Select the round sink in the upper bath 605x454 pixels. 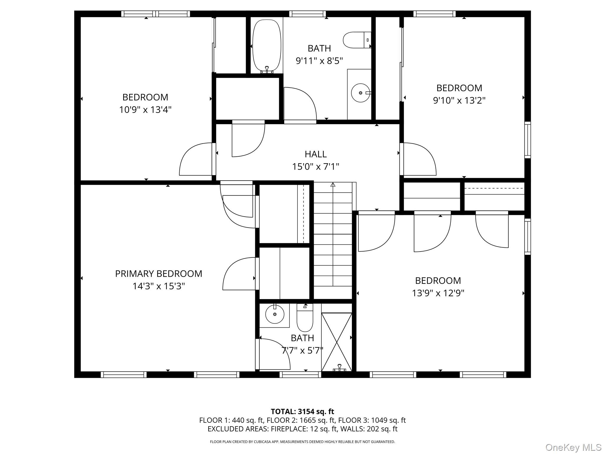[360, 93]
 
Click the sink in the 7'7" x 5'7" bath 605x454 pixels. [275, 314]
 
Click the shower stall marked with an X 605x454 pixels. [336, 342]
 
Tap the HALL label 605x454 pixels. [315, 154]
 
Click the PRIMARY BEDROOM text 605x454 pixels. [159, 274]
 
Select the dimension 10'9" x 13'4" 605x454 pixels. [145, 110]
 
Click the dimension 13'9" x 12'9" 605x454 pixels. [438, 293]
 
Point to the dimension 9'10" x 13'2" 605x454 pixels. [459, 100]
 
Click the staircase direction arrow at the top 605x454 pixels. [333, 185]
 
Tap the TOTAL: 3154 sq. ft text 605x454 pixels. [302, 411]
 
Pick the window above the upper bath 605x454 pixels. [307, 14]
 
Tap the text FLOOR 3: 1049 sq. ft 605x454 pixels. [372, 420]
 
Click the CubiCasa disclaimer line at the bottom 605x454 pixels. [302, 442]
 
